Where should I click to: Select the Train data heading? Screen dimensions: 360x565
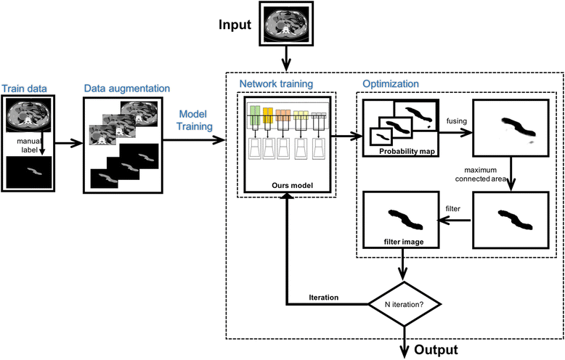click(25, 89)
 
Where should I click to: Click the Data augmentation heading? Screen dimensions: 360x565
click(119, 89)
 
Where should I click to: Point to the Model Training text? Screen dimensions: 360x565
click(192, 119)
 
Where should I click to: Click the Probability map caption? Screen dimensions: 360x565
click(405, 151)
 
